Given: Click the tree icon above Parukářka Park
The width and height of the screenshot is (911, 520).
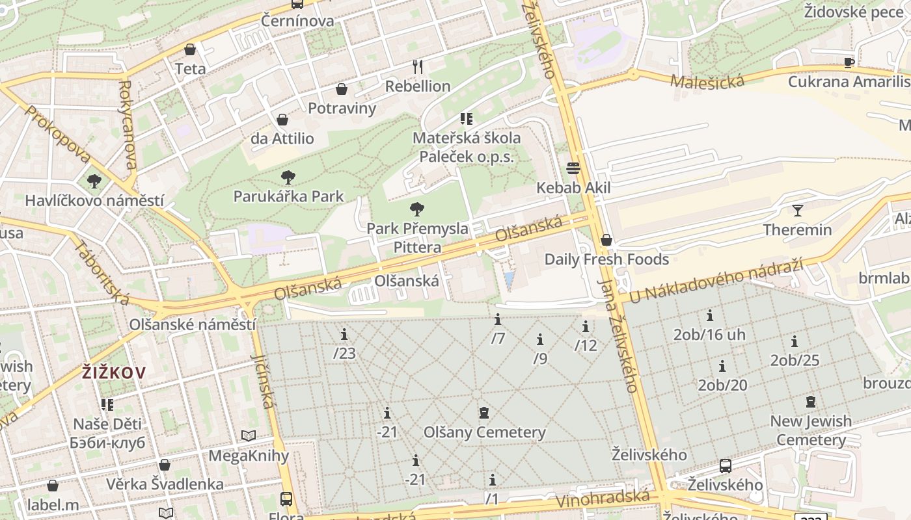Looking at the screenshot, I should pyautogui.click(x=288, y=177).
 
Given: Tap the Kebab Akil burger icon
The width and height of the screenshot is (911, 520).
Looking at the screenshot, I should pyautogui.click(x=573, y=169).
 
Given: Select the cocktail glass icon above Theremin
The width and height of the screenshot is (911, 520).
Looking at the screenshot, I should pyautogui.click(x=797, y=210).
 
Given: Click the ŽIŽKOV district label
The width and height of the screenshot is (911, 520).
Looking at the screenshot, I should pyautogui.click(x=114, y=372).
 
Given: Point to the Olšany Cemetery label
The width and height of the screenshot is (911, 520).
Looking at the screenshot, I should pyautogui.click(x=484, y=432).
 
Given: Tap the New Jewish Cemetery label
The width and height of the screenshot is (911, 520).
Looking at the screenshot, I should pyautogui.click(x=810, y=430).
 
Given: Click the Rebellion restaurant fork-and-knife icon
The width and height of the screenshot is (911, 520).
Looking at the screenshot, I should pyautogui.click(x=418, y=66).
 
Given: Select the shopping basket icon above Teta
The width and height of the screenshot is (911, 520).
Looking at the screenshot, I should pyautogui.click(x=190, y=49).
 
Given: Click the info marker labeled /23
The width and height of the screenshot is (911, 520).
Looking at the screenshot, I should pyautogui.click(x=344, y=335).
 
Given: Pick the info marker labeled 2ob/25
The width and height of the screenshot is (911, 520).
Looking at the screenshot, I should pyautogui.click(x=795, y=342).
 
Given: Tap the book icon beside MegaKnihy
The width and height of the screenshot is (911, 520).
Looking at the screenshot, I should pyautogui.click(x=248, y=436).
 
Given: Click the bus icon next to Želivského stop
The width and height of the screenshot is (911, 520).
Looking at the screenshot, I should pyautogui.click(x=726, y=466).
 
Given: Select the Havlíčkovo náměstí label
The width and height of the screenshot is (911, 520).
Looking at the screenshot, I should pyautogui.click(x=94, y=200).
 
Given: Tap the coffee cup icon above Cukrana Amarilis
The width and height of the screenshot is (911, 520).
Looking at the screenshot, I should pyautogui.click(x=849, y=62).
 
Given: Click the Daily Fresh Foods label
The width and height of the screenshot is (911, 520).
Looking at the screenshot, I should pyautogui.click(x=606, y=259).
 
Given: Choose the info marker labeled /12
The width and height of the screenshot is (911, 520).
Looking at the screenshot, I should pyautogui.click(x=585, y=327).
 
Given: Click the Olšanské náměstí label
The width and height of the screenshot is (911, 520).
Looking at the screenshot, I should pyautogui.click(x=192, y=324).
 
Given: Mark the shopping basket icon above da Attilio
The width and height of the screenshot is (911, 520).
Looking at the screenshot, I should pyautogui.click(x=282, y=120).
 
